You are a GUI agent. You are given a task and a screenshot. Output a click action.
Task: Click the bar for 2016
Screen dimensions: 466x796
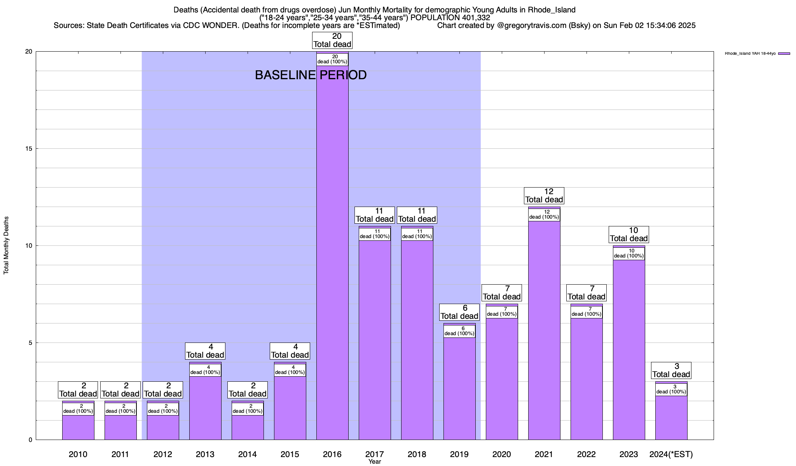(x=332, y=252)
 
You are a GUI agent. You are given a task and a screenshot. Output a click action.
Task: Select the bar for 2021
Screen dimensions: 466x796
(x=544, y=330)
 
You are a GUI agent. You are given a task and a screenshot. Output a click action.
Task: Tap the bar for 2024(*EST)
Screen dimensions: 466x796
(x=671, y=417)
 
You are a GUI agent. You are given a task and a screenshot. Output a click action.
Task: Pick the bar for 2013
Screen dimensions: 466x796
(x=205, y=408)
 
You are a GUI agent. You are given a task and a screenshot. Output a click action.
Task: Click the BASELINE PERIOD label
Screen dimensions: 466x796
(x=311, y=75)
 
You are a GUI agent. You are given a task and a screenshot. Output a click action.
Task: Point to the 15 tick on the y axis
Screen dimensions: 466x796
(x=30, y=149)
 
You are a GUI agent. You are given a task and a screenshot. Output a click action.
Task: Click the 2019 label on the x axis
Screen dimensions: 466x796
(x=459, y=454)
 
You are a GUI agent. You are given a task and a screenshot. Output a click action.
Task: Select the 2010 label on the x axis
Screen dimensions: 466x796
(x=78, y=454)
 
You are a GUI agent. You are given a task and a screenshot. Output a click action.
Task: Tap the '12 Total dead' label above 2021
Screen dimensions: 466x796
(x=544, y=196)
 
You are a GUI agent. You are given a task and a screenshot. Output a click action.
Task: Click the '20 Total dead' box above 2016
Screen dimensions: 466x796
(x=332, y=40)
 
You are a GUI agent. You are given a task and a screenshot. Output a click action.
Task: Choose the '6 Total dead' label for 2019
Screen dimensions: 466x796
(x=459, y=312)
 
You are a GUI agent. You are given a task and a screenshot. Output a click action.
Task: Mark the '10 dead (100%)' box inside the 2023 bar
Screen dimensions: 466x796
(x=629, y=254)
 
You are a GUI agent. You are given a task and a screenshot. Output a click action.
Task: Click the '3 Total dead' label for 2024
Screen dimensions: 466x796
(x=671, y=370)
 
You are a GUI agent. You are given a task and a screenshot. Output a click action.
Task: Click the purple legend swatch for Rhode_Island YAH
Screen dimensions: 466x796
(x=784, y=54)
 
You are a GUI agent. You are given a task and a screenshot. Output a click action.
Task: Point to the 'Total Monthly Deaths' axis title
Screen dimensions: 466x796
(x=6, y=245)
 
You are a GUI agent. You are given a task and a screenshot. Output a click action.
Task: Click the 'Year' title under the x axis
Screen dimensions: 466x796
(x=375, y=462)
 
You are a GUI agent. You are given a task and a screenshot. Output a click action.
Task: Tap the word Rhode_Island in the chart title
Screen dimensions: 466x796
(x=552, y=10)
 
